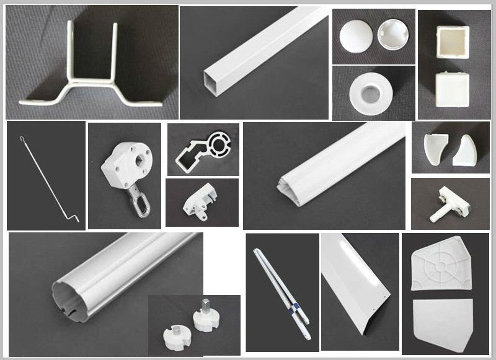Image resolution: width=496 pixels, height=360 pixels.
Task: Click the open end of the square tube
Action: pos(211,78)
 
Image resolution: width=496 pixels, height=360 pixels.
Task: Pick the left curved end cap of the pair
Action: pos(434,149)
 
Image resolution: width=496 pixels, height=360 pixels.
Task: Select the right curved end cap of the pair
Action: pos(465,151)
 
